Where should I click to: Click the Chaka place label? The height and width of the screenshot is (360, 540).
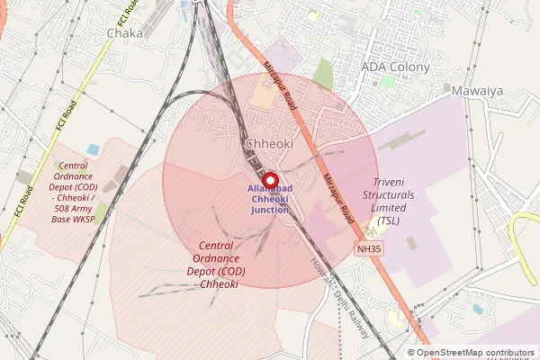pos(124,33)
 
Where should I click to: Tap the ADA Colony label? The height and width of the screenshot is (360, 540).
pos(395,67)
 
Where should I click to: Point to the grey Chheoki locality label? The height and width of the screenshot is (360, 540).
pos(268,144)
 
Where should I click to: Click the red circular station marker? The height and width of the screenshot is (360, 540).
pos(269,179)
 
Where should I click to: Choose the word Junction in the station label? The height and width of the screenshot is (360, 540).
pos(270,210)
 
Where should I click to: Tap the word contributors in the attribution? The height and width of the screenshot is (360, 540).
pos(507,353)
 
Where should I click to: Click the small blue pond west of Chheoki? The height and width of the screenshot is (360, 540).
pos(94,148)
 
